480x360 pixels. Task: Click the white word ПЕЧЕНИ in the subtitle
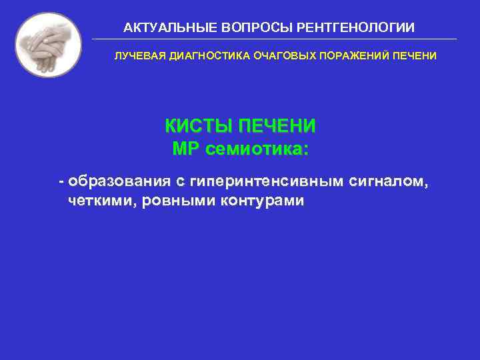coord(413,56)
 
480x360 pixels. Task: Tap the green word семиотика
coord(257,149)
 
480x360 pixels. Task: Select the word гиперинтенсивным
coord(266,180)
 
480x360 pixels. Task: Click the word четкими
coord(100,201)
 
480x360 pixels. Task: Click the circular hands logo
coord(48,44)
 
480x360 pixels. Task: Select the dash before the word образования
coord(61,180)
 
